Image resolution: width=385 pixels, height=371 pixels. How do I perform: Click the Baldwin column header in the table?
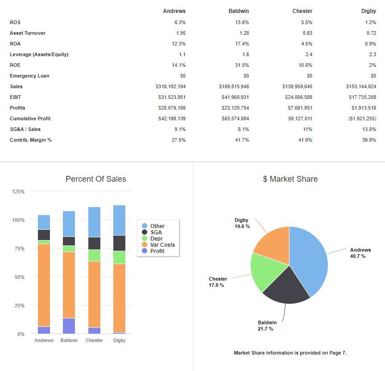pos(238,11)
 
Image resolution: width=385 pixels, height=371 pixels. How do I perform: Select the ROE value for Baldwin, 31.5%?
pos(242,65)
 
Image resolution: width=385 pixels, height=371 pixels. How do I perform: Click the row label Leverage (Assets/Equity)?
pos(39,54)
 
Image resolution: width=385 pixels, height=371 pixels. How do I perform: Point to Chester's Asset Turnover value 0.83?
pos(307,33)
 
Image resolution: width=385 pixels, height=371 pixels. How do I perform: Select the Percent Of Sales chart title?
pos(95,179)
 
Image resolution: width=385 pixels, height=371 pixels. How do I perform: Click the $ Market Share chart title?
pos(290,179)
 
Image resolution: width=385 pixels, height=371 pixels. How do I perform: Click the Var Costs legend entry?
pos(162,245)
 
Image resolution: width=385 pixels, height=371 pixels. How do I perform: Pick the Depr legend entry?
pos(156,239)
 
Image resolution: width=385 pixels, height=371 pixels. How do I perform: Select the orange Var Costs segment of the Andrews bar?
pos(44,285)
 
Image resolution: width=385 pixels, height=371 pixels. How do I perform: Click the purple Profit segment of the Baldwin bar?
pos(69,326)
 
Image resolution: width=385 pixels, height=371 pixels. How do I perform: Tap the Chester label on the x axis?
pos(94,340)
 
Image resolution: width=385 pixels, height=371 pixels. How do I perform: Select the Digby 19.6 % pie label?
pos(242,223)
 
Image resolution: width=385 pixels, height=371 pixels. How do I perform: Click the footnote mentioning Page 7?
pos(290,353)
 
